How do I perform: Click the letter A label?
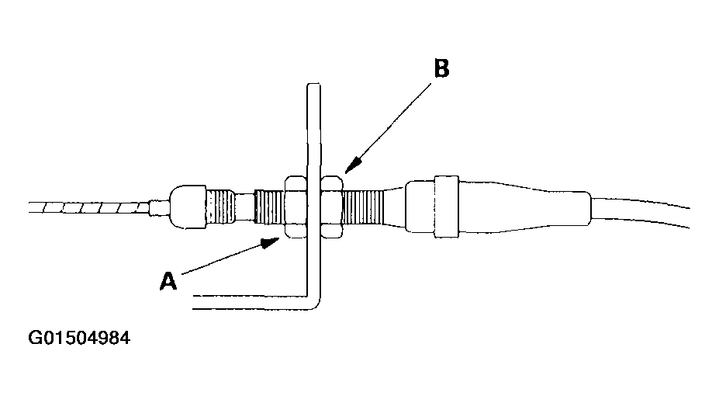tap(168, 280)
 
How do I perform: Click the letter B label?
tap(441, 68)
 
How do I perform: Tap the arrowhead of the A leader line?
tap(271, 242)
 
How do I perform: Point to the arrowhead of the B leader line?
tap(352, 165)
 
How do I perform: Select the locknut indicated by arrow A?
tap(296, 207)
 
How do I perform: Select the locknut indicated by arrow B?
tap(331, 207)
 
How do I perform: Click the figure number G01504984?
tap(79, 338)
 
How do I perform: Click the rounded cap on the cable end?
tap(188, 207)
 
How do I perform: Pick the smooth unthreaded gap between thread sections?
tap(245, 207)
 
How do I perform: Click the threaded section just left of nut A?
tap(270, 207)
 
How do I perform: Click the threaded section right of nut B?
tap(363, 207)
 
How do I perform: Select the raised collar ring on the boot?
tap(446, 207)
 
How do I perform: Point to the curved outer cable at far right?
tap(641, 210)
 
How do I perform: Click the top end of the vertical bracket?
tap(313, 85)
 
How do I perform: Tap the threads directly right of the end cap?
tap(221, 207)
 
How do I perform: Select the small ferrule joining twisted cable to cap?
tap(160, 207)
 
